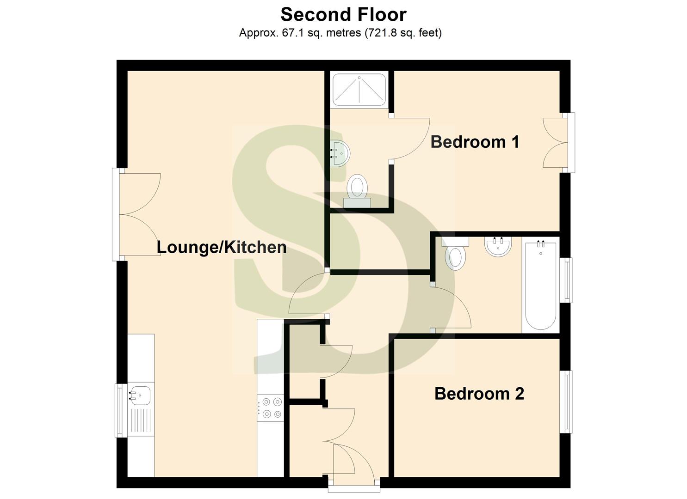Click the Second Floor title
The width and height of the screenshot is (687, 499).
343,14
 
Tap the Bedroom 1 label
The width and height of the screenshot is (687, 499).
475,142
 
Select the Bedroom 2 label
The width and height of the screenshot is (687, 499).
479,394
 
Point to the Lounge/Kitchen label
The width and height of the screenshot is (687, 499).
222,247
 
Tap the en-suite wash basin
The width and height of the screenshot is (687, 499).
340,153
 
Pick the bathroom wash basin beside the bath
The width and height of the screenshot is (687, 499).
498,246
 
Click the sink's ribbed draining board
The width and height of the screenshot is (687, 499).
141,421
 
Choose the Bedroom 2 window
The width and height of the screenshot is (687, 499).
566,402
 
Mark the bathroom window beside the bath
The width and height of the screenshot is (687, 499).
566,280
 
